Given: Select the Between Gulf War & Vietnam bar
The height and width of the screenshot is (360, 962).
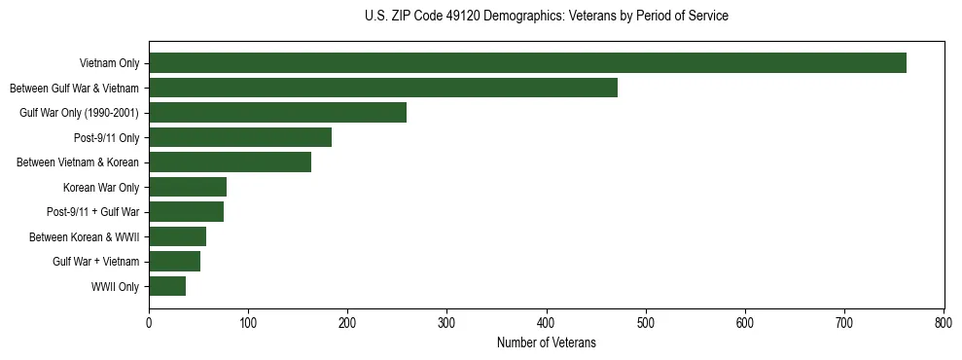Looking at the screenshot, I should click(383, 88).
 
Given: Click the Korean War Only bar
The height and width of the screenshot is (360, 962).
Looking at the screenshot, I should click(188, 187).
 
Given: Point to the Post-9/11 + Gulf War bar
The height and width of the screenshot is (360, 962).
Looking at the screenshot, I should click(186, 212).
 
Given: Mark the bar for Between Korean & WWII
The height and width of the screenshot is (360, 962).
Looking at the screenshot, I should click(177, 236).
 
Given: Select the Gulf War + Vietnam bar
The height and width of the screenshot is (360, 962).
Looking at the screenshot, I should click(174, 262).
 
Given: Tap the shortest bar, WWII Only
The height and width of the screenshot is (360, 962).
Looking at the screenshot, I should click(167, 286).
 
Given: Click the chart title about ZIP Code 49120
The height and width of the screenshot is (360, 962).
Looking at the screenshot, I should click(546, 16).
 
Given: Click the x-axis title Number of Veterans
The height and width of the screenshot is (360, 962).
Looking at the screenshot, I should click(546, 343).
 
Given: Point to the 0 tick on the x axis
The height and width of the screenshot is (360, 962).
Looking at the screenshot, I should click(149, 323).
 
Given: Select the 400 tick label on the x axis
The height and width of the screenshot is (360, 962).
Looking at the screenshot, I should click(547, 323).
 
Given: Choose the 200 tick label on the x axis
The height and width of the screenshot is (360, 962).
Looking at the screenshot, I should click(347, 323).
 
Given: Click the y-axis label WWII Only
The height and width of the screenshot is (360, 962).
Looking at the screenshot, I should click(115, 287).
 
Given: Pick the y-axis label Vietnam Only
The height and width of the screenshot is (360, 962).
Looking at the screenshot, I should click(109, 64).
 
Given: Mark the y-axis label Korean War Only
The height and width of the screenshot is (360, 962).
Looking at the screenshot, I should click(101, 188).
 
